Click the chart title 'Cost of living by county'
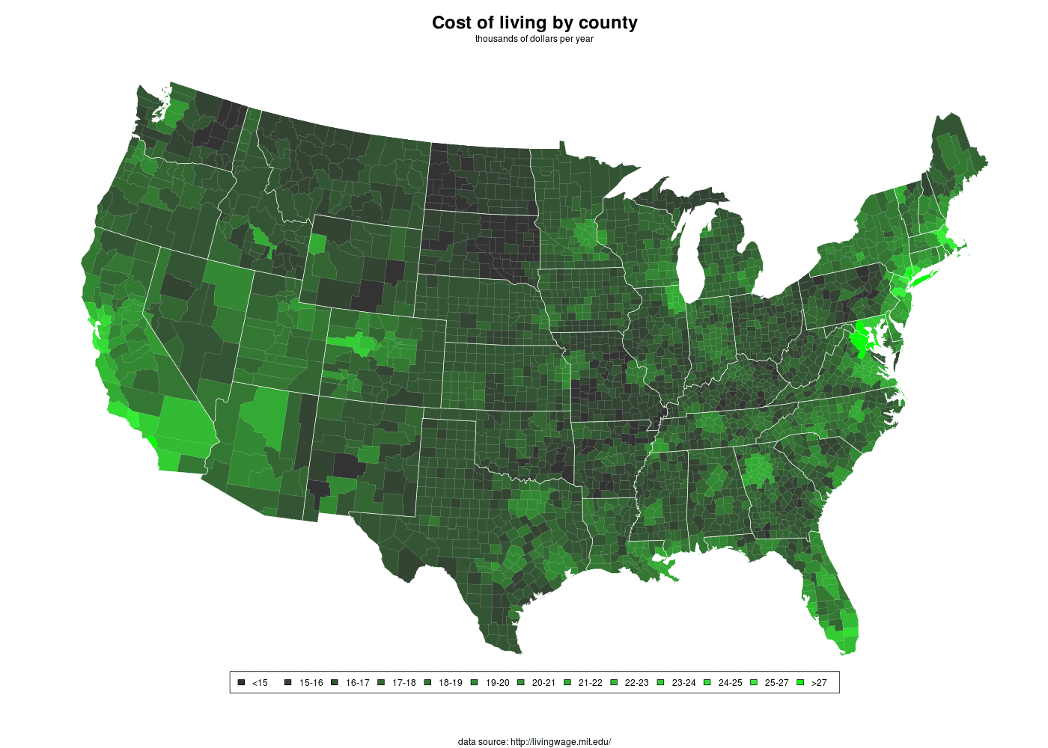click(534, 22)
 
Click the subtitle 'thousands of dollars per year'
click(534, 39)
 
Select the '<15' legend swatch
click(241, 682)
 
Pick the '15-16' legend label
click(311, 683)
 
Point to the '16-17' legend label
click(358, 683)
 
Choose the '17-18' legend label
click(404, 683)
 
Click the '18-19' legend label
click(451, 683)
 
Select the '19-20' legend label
click(498, 683)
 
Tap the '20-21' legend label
click(544, 683)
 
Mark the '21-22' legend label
click(591, 683)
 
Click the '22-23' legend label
click(637, 683)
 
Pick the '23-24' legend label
click(684, 683)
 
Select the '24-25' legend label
click(731, 683)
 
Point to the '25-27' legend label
click(777, 683)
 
